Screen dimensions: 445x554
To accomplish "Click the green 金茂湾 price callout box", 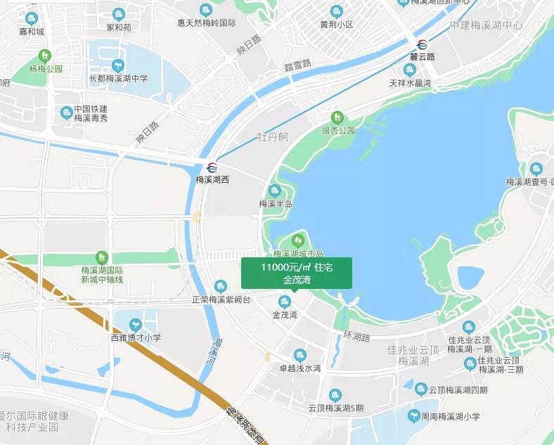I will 296,273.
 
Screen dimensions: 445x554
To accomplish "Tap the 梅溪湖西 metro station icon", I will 212,167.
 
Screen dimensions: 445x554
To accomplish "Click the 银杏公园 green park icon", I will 337,117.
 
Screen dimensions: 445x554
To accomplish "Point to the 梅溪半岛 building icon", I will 275,191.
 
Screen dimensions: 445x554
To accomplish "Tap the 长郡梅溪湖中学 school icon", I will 117,65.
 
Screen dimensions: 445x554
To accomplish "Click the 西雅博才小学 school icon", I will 135,324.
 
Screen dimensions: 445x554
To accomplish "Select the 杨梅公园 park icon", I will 46,56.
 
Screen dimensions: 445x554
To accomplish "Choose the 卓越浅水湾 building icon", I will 299,355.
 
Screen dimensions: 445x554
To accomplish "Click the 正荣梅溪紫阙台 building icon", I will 221,286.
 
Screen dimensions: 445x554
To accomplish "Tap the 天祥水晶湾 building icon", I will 410,70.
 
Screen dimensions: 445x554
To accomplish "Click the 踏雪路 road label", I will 297,65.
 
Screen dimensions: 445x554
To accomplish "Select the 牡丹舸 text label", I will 273,136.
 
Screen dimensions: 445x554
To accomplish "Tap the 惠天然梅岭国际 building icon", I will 205,10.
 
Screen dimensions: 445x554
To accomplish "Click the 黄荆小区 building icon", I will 336,11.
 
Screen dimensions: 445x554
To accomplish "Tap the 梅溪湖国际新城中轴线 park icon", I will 102,257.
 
